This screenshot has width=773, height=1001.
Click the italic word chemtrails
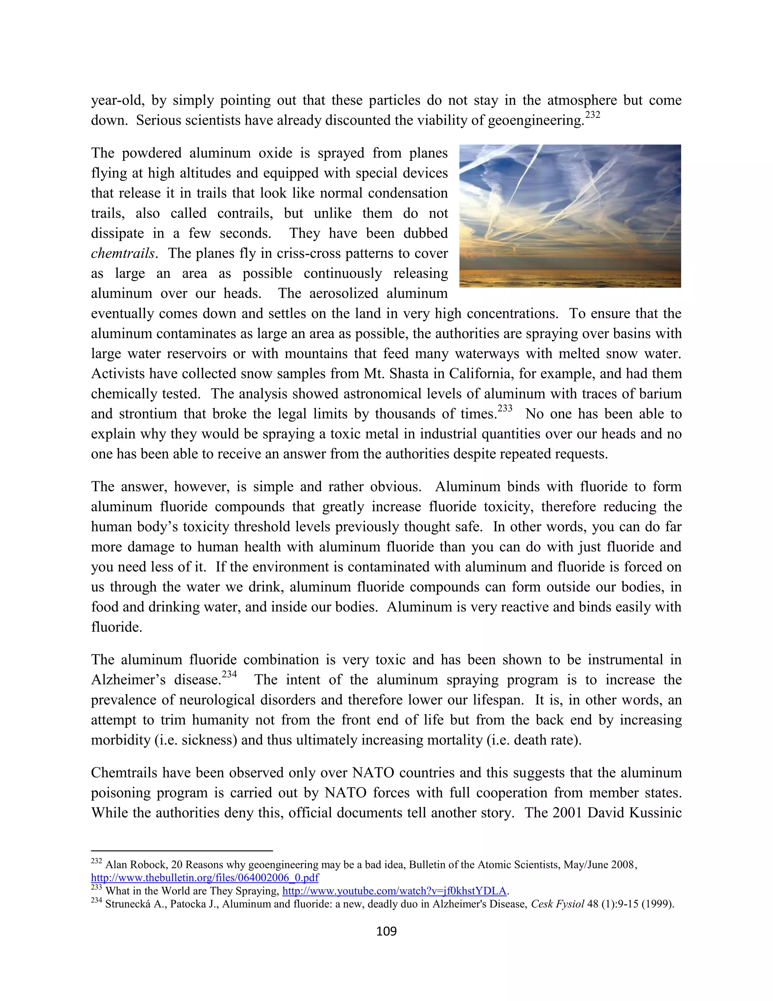[x=122, y=253]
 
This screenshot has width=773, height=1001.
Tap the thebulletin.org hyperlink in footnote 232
[x=205, y=878]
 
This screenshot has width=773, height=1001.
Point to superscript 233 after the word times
[x=505, y=408]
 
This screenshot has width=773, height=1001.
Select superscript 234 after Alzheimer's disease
[x=229, y=674]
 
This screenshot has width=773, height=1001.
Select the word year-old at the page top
[x=117, y=100]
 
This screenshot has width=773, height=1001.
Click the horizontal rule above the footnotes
[x=182, y=851]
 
